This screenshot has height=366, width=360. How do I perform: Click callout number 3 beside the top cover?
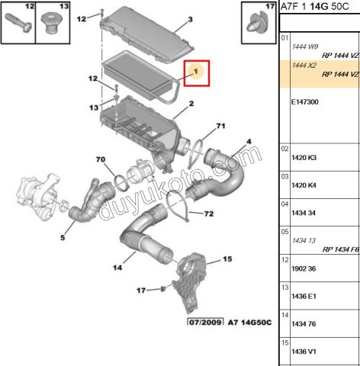click(190, 19)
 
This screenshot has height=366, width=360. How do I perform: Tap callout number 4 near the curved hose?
click(248, 141)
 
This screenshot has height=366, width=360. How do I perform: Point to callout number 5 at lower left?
click(63, 238)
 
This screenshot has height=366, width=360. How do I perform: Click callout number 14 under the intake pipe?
click(118, 268)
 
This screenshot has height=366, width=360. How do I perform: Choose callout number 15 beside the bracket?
click(226, 260)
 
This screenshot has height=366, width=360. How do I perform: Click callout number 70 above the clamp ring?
click(99, 159)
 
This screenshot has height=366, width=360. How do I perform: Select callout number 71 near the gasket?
click(220, 125)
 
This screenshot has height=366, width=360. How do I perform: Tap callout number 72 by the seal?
click(208, 213)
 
